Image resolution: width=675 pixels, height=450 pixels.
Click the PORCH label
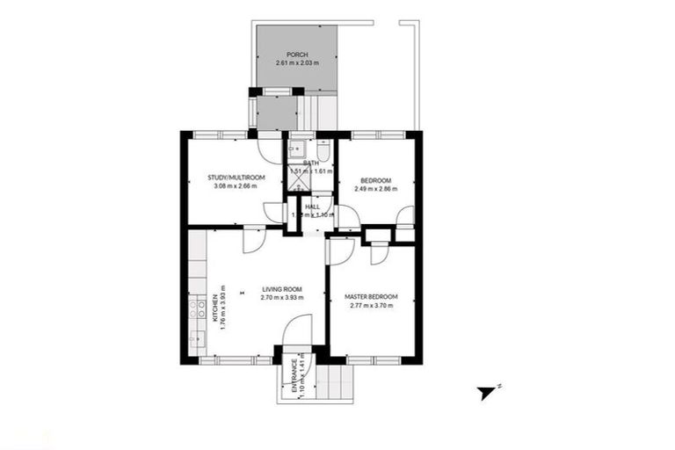pos(295,54)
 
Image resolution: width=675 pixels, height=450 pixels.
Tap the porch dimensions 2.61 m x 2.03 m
pos(295,63)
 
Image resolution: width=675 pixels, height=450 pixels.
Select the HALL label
pos(312,207)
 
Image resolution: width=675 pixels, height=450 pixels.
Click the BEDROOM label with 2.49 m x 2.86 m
pos(375,180)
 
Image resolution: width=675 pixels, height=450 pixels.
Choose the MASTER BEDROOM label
pos(372,297)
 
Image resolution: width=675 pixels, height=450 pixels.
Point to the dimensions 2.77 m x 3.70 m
pos(372,306)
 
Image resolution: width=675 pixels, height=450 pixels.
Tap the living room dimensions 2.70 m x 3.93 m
pos(281,298)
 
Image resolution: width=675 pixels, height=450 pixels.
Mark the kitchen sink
pos(194,337)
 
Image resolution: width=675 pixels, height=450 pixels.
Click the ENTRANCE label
pos(285,376)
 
